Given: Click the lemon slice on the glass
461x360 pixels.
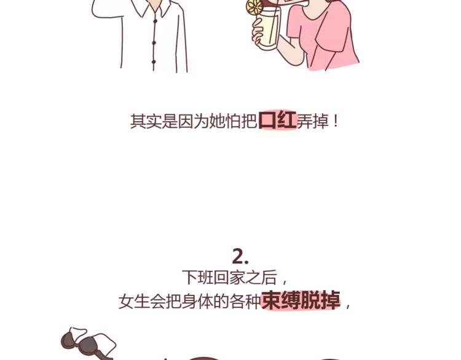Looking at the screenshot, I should pyautogui.click(x=254, y=7).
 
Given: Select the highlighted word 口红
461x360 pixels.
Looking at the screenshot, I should pyautogui.click(x=277, y=120).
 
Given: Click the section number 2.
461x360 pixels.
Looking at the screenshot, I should pyautogui.click(x=240, y=256).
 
